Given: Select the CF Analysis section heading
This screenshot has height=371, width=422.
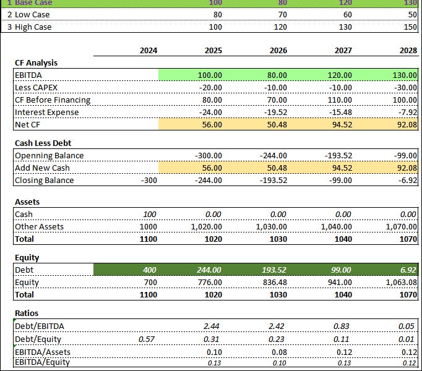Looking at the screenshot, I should click(x=36, y=62).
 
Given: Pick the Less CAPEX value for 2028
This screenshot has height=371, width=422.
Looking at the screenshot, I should click(x=403, y=87).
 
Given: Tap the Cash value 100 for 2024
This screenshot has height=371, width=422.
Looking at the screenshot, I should click(x=149, y=214).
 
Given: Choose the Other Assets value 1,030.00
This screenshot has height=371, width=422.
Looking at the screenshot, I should click(x=271, y=226).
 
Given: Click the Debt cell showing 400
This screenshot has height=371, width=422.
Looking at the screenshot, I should click(x=149, y=270).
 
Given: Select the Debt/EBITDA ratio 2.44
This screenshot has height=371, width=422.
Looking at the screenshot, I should click(x=213, y=326).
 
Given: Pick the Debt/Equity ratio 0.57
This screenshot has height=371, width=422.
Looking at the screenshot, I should click(x=149, y=339).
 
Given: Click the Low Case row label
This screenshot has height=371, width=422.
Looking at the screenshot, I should click(x=28, y=14).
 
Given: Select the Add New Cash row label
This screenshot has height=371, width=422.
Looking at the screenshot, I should click(x=42, y=168).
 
